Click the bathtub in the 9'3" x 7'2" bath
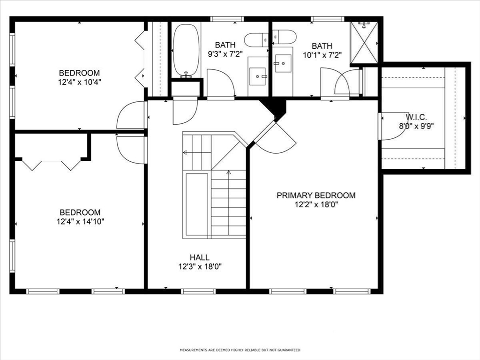(x=186, y=50)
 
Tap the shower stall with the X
(x=364, y=42)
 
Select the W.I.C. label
(x=416, y=117)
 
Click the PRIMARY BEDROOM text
(x=316, y=195)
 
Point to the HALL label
(x=200, y=257)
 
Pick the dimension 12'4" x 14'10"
(x=80, y=221)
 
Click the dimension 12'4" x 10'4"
(x=80, y=82)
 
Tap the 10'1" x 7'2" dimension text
(x=322, y=55)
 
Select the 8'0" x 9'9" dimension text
(x=416, y=126)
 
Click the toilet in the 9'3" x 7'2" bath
(x=256, y=40)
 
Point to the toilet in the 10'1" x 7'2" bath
(x=285, y=37)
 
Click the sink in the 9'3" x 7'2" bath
(x=258, y=76)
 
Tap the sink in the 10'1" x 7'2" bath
(x=283, y=63)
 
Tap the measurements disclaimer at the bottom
(x=240, y=350)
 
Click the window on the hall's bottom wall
(x=198, y=292)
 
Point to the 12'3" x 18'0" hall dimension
(x=200, y=267)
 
